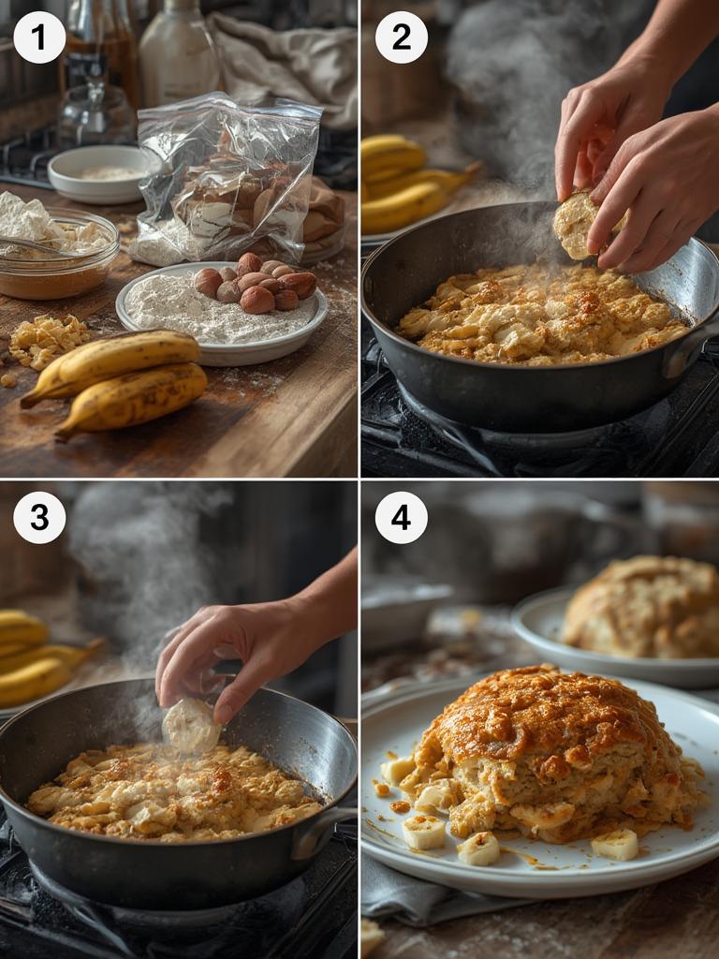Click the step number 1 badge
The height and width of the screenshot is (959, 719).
coord(39,37)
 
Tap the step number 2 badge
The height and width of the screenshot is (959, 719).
coord(402,37)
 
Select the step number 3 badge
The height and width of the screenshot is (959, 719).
coord(39,518)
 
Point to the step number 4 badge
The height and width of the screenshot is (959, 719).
coord(402,518)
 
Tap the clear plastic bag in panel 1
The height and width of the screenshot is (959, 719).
coord(229,178)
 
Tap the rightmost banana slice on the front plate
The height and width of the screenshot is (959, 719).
coord(615,845)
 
